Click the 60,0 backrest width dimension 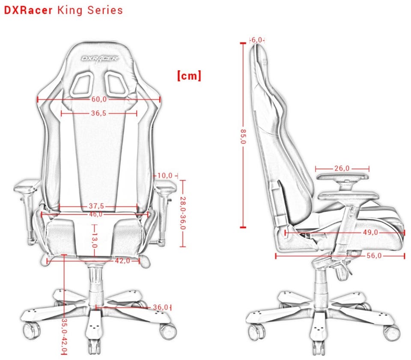[99, 99]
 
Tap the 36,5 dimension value [98, 113]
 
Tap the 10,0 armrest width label [164, 176]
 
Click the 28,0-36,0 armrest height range [183, 213]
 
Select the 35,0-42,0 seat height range [64, 334]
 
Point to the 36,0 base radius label [160, 307]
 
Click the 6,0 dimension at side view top [257, 40]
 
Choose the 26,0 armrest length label [342, 169]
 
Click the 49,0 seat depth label [371, 232]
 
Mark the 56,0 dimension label [374, 256]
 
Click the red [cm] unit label [188, 76]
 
